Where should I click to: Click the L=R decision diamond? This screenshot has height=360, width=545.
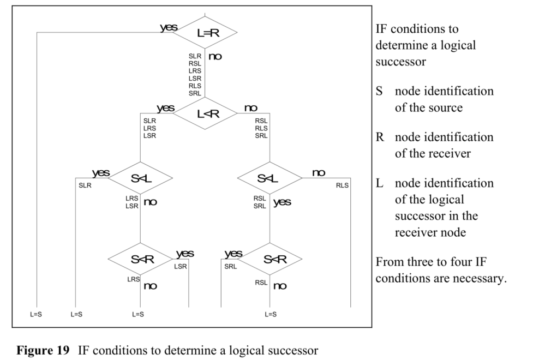(x=205, y=33)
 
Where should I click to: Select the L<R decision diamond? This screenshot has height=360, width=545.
(x=205, y=113)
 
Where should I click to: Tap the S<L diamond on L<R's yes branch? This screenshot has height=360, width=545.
(x=140, y=178)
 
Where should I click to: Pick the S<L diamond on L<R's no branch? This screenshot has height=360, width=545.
(x=270, y=178)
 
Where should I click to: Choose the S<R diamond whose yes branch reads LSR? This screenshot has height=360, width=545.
(x=140, y=259)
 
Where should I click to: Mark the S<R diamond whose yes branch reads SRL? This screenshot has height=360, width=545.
(x=270, y=259)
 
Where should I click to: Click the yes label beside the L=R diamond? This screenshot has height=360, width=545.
(x=168, y=27)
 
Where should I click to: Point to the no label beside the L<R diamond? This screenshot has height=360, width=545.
(x=250, y=107)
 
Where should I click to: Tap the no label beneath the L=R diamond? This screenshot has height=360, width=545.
(x=215, y=56)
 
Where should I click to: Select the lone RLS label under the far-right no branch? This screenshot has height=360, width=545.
(x=342, y=185)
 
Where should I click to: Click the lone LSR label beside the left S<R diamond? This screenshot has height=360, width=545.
(x=181, y=266)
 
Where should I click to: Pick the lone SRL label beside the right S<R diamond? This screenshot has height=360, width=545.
(x=231, y=266)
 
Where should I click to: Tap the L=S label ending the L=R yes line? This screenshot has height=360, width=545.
(x=36, y=314)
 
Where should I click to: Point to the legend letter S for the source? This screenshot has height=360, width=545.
(x=379, y=91)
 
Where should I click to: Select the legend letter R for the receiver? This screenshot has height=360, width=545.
(x=380, y=137)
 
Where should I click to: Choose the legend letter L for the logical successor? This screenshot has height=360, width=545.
(x=380, y=183)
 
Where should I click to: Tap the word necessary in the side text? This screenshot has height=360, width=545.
(x=483, y=278)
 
